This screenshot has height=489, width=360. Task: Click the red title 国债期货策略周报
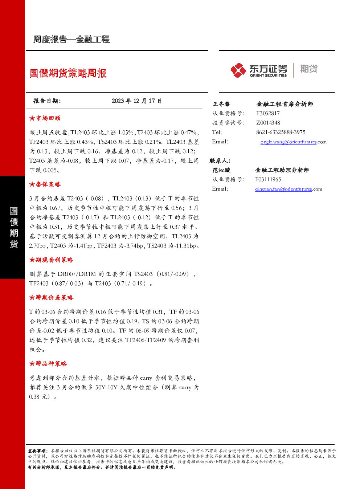click(68, 73)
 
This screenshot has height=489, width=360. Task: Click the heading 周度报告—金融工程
click(71, 40)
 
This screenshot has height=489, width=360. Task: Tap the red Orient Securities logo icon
click(238, 70)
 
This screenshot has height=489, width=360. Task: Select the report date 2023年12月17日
click(136, 101)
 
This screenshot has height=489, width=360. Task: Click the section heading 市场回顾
click(45, 118)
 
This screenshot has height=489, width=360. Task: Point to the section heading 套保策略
click(45, 184)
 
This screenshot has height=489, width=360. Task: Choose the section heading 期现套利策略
click(51, 260)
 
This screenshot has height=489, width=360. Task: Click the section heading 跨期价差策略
click(51, 298)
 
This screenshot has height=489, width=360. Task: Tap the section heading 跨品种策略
click(48, 363)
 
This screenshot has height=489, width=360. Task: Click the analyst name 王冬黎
click(221, 104)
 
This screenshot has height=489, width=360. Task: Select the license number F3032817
click(268, 113)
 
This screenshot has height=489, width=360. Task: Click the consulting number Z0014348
click(268, 123)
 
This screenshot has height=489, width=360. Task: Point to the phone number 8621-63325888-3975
click(281, 132)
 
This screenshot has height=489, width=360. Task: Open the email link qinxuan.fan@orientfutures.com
click(289, 189)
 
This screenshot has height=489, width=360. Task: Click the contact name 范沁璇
click(221, 170)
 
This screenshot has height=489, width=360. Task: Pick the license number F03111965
click(268, 179)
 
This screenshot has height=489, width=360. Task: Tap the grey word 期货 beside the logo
click(309, 69)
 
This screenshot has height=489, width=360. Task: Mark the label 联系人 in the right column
click(220, 161)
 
